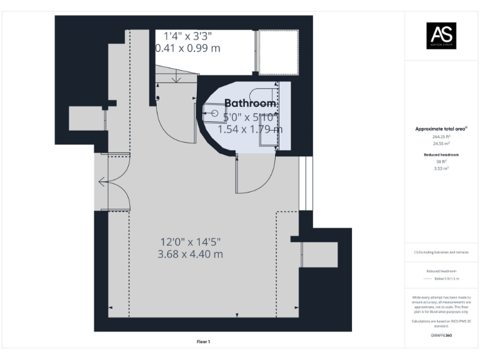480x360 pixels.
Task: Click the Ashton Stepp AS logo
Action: pyautogui.click(x=441, y=36)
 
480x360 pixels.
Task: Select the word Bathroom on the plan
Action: pyautogui.click(x=250, y=103)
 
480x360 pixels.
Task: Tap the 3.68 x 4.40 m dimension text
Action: pyautogui.click(x=191, y=254)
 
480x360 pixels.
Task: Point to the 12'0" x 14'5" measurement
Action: pyautogui.click(x=191, y=241)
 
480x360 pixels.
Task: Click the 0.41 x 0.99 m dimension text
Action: pyautogui.click(x=187, y=47)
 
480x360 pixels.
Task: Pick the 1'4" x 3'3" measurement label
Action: pyautogui.click(x=187, y=35)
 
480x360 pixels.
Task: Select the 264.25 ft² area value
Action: pyautogui.click(x=441, y=136)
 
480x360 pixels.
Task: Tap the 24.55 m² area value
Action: pyautogui.click(x=441, y=143)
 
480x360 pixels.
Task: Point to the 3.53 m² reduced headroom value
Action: pyautogui.click(x=441, y=168)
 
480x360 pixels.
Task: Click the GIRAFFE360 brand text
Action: pyautogui.click(x=441, y=336)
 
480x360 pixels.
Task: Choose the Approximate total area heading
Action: pyautogui.click(x=441, y=129)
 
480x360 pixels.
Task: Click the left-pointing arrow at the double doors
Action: pyautogui.click(x=102, y=182)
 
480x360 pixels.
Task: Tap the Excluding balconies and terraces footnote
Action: pyautogui.click(x=441, y=252)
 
